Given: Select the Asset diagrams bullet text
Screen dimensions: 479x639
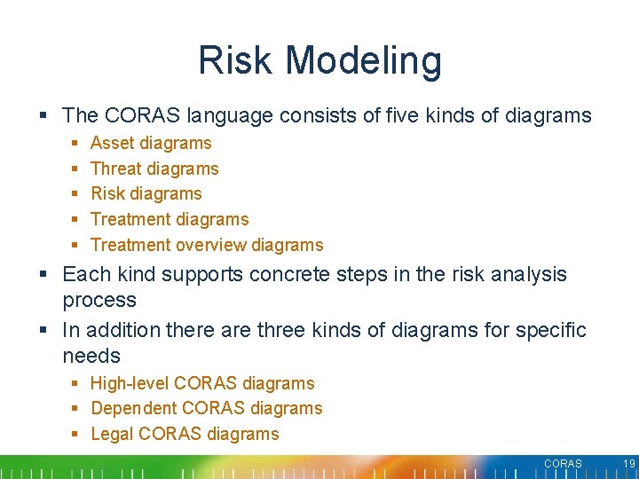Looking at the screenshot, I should (x=151, y=143).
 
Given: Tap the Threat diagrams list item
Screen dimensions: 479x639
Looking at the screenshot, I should (x=154, y=169).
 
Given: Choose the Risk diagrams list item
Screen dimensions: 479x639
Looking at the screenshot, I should (x=146, y=193).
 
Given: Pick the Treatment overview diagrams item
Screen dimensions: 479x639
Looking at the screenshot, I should (x=207, y=245).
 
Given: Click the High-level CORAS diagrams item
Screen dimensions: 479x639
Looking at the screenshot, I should (x=202, y=383).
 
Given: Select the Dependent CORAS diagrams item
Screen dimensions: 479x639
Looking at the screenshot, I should (x=207, y=408).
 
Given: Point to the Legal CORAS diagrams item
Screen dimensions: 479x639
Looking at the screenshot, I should (x=185, y=434).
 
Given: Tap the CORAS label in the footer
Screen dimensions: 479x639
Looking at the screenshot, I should (x=563, y=464).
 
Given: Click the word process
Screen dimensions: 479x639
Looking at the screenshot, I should (x=99, y=301).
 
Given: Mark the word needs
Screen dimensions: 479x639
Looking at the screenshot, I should (x=91, y=356).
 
